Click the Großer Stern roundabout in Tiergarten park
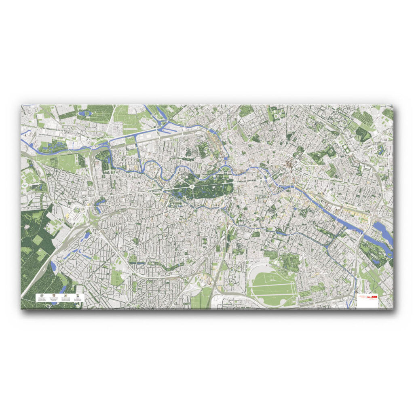(190, 187)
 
